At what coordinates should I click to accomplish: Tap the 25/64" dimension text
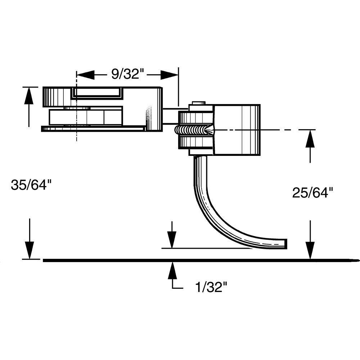coord(310,193)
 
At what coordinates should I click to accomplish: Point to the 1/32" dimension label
coord(210,288)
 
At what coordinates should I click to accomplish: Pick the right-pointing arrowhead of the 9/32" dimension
coord(169,75)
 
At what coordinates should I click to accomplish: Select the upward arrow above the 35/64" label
coord(29,95)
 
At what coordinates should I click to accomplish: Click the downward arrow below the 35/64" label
coord(29,248)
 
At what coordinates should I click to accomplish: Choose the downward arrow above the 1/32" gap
coord(172,238)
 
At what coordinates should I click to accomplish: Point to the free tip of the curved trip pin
coord(285,244)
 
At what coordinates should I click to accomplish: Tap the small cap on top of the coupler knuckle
coord(198,103)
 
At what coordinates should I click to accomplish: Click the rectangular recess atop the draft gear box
coord(97,93)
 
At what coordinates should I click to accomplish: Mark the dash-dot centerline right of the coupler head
coord(288,130)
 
